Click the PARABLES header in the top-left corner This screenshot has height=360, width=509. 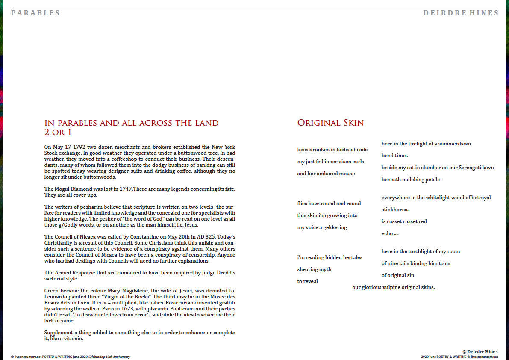pyautogui.click(x=35, y=13)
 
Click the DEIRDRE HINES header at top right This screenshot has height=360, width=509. pyautogui.click(x=461, y=13)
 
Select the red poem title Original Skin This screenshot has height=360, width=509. pyautogui.click(x=330, y=123)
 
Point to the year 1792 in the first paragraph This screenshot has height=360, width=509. pyautogui.click(x=80, y=147)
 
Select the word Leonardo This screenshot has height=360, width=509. pyautogui.click(x=56, y=297)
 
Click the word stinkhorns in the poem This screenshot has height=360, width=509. pyautogui.click(x=394, y=210)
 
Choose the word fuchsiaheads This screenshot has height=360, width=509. pyautogui.click(x=352, y=150)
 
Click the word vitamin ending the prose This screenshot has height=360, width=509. pyautogui.click(x=72, y=339)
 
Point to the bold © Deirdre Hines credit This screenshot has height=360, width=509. pyautogui.click(x=480, y=351)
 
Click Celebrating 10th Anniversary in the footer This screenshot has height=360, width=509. pyautogui.click(x=109, y=357)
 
